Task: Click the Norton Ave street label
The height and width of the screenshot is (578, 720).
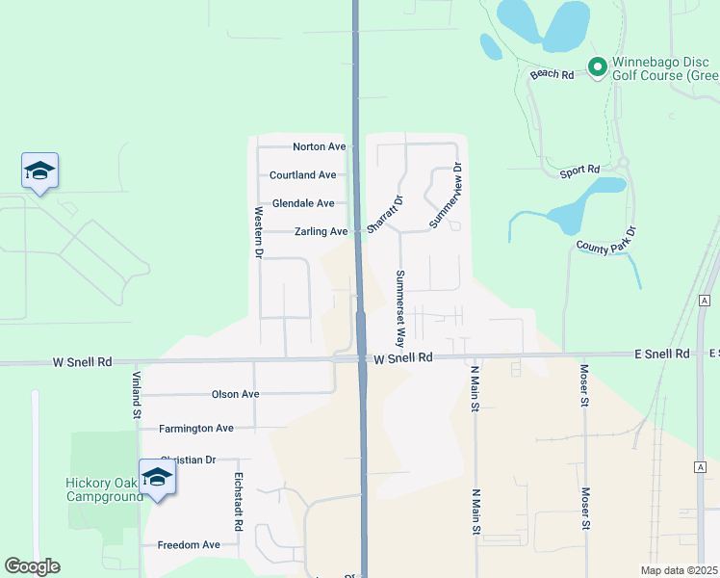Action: [319, 146]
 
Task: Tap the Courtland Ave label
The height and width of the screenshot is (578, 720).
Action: [302, 175]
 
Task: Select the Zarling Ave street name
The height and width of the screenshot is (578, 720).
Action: [321, 232]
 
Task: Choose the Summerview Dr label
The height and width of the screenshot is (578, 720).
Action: [446, 196]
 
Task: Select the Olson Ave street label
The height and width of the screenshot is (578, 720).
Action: [236, 394]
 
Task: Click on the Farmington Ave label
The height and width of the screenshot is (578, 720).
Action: [196, 428]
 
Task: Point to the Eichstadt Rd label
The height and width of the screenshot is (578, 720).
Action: [238, 502]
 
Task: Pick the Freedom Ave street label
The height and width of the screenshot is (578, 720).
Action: [189, 544]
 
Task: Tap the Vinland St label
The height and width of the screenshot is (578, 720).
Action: [137, 396]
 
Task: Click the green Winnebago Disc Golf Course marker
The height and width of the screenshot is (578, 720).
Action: [597, 67]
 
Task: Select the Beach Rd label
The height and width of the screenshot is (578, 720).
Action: [552, 74]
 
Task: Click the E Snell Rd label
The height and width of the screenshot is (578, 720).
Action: [668, 355]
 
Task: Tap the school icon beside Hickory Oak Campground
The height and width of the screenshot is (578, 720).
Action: [157, 478]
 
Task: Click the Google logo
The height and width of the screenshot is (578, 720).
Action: [32, 566]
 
